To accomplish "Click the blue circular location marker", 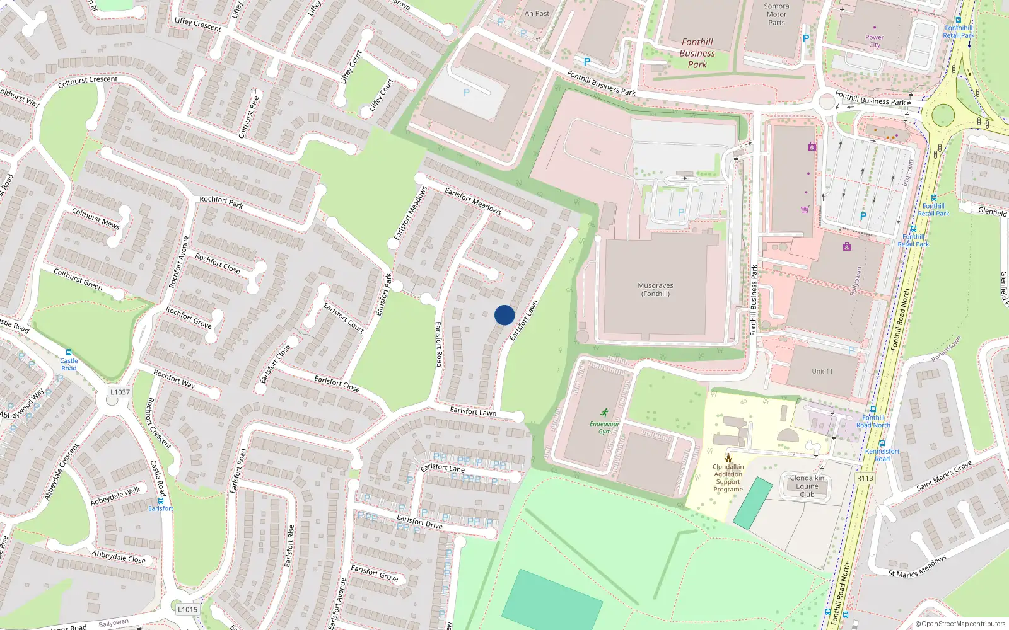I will click(x=504, y=315).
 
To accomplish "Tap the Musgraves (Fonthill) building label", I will click(x=655, y=290).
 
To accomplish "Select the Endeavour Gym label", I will click(x=604, y=427).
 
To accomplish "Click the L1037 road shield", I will click(x=120, y=392).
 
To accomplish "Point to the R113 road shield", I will click(x=865, y=478).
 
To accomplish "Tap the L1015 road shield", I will click(x=187, y=609).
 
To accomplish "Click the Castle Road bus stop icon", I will click(x=68, y=353).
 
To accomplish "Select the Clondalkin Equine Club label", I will click(x=807, y=486).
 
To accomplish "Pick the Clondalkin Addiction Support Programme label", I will click(x=728, y=478).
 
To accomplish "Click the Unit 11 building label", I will click(x=822, y=372).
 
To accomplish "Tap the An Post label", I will click(x=537, y=13).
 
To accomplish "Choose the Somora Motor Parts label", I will click(x=776, y=14).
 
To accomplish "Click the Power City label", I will click(x=874, y=41).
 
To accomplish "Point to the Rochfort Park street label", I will click(x=221, y=202).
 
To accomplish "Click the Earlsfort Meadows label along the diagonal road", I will click(x=472, y=201).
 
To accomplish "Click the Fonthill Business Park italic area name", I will click(x=697, y=53).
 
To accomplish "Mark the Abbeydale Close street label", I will click(x=119, y=557).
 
